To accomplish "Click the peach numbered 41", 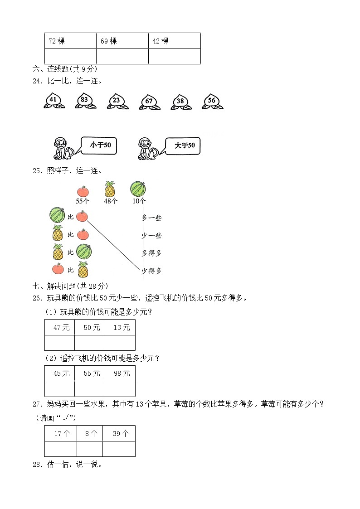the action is (54, 101).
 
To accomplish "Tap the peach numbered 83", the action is (85, 101).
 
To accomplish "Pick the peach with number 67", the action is (149, 102).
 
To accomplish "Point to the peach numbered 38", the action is (180, 102).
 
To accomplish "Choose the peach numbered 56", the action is (212, 101).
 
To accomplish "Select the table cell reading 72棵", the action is (70, 41).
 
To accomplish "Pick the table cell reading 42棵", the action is (174, 41).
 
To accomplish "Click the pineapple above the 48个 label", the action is (110, 189).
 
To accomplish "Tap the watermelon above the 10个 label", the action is (138, 189).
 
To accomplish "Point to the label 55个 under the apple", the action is (83, 201).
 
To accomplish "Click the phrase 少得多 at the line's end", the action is (151, 271).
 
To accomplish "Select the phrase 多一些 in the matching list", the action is (151, 218).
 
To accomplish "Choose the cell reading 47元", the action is (60, 327).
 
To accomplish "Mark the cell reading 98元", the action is (120, 373).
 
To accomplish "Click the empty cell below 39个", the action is (119, 449).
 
